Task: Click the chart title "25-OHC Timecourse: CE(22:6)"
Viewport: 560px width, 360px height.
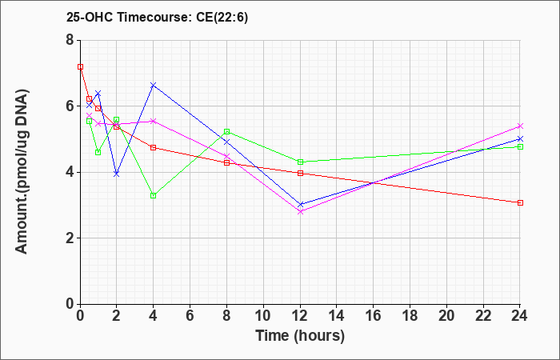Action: (157, 18)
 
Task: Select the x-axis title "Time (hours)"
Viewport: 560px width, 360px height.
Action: (300, 336)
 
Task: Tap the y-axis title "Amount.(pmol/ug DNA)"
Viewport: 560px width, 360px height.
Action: (22, 172)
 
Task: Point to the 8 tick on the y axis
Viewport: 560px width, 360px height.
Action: (70, 40)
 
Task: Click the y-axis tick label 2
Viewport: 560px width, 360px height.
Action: (70, 238)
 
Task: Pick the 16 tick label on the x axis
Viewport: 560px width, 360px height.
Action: (374, 316)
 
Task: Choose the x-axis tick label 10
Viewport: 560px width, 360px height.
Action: (263, 316)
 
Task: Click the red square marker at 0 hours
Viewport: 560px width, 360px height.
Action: (80, 66)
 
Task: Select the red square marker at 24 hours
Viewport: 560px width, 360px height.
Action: (520, 203)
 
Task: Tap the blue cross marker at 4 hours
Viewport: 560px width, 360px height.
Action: (154, 85)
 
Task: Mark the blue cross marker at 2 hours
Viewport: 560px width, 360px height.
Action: (116, 174)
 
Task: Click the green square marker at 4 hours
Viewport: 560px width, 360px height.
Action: (154, 196)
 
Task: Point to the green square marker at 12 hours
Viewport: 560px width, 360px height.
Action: (300, 162)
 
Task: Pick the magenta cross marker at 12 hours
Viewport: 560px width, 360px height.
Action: (300, 212)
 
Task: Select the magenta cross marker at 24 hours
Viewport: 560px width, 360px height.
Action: (520, 126)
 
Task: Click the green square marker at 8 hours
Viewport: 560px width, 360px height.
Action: (226, 132)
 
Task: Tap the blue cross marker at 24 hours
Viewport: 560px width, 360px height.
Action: (520, 139)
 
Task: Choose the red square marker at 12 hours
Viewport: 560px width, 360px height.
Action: (300, 174)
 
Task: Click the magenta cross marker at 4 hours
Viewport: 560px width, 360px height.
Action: (154, 122)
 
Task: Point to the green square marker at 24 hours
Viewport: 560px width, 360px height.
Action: (520, 146)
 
